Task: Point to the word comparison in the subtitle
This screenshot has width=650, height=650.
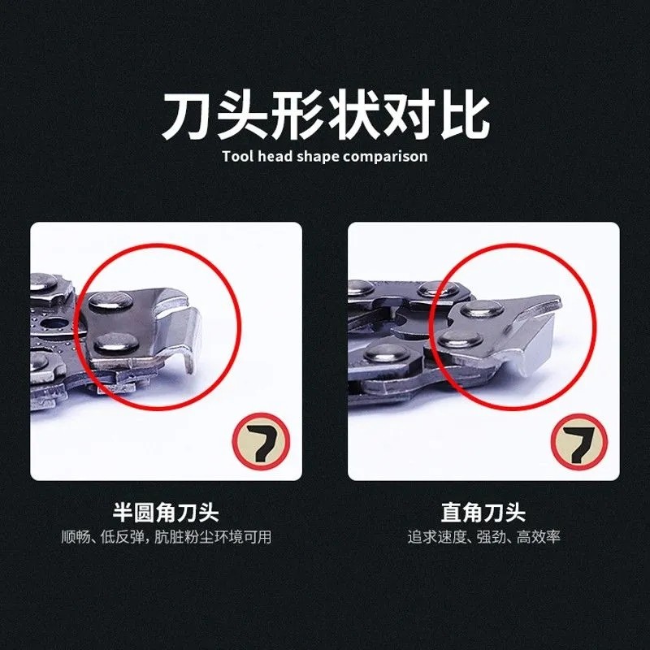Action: pos(385,156)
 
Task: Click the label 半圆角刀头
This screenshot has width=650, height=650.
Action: pos(166,513)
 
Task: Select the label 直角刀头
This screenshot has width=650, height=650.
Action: pos(483,513)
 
